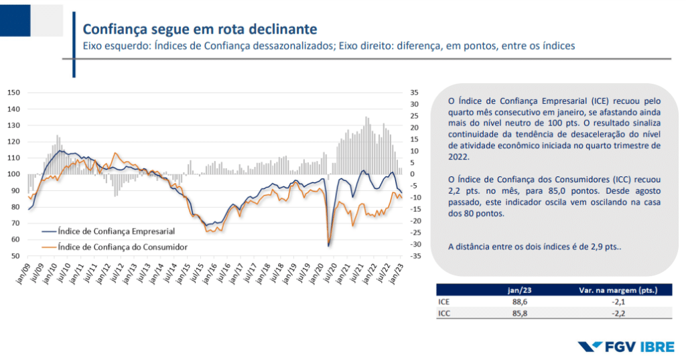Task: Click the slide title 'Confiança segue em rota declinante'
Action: coord(199,29)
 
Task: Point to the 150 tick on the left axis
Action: coord(14,93)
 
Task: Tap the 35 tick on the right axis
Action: coord(415,93)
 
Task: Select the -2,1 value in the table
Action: coord(616,302)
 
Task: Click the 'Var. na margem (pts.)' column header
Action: coord(616,290)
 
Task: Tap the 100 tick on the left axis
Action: coord(14,174)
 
